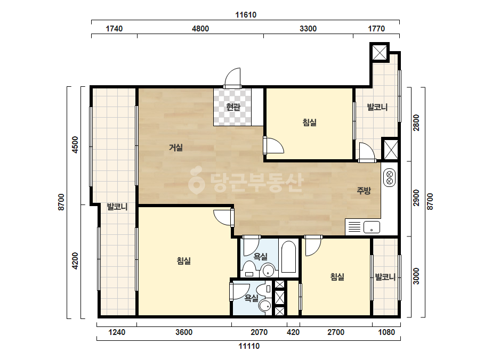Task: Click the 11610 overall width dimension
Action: point(246,15)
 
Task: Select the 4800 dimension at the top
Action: point(200,29)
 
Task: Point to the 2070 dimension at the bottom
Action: point(259,332)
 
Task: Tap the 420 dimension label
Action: point(293,332)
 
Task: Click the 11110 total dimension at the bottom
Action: point(249,346)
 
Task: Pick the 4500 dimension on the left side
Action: point(75,144)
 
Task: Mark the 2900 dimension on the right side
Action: point(416,198)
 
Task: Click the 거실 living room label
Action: point(176,147)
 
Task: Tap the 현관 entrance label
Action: point(233,107)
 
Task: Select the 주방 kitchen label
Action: point(364,190)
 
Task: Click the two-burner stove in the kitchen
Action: point(390,177)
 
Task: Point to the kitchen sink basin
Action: point(372,227)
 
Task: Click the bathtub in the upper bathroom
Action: point(288,257)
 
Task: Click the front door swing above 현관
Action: point(232,77)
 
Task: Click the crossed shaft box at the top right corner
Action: point(380,52)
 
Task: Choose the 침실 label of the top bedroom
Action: point(309,122)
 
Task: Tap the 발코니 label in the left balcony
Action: point(117,207)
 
